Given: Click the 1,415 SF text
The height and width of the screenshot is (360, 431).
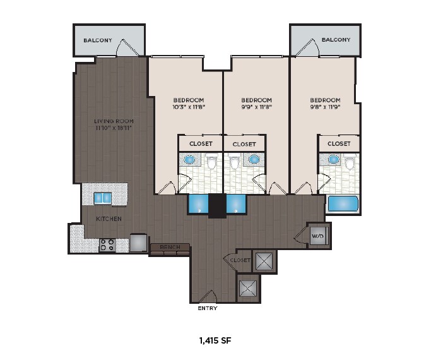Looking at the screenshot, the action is point(215,341).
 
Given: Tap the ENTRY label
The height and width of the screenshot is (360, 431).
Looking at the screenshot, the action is point(208,308).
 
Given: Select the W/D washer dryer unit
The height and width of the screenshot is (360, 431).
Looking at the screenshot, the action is point(319,236).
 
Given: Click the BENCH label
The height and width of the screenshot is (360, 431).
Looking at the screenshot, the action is point(170,247).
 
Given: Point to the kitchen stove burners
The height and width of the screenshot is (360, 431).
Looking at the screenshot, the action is point(107,245).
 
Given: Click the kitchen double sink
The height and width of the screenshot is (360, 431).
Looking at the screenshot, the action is point(102,198).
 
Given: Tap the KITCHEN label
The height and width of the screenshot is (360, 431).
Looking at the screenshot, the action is point(109,219).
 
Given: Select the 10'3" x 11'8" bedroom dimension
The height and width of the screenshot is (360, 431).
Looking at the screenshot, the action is point(189,107).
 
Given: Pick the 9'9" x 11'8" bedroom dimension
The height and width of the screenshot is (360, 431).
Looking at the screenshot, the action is point(257,107).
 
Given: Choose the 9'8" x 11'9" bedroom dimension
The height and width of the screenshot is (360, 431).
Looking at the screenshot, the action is point(326,107).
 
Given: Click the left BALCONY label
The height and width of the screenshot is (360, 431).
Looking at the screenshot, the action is point(98,40).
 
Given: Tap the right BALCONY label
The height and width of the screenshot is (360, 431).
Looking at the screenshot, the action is point(336,40).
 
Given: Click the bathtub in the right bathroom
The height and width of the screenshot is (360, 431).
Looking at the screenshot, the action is point(343,204).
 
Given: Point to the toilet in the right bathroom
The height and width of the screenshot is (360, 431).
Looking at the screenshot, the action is point(350,162).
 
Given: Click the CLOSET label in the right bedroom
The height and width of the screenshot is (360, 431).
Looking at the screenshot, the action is point(339,143).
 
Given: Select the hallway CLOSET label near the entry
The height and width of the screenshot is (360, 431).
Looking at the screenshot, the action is point(240,260).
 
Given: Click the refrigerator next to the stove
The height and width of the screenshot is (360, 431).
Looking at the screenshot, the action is point(138,243).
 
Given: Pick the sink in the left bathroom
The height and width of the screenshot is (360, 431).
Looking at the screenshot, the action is point(189,159).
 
